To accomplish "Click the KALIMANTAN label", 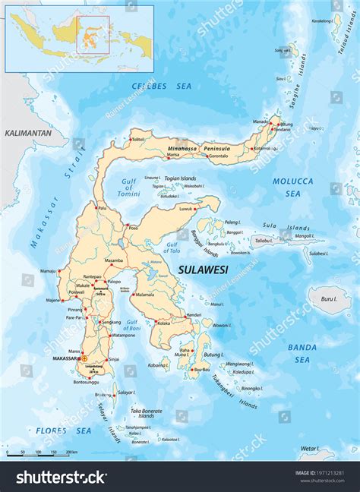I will (x=28, y=133).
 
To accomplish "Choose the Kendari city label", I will (x=194, y=293).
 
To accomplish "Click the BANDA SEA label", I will (x=302, y=352).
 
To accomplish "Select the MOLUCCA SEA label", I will (x=292, y=188).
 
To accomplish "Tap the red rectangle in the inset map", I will (x=93, y=34).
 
